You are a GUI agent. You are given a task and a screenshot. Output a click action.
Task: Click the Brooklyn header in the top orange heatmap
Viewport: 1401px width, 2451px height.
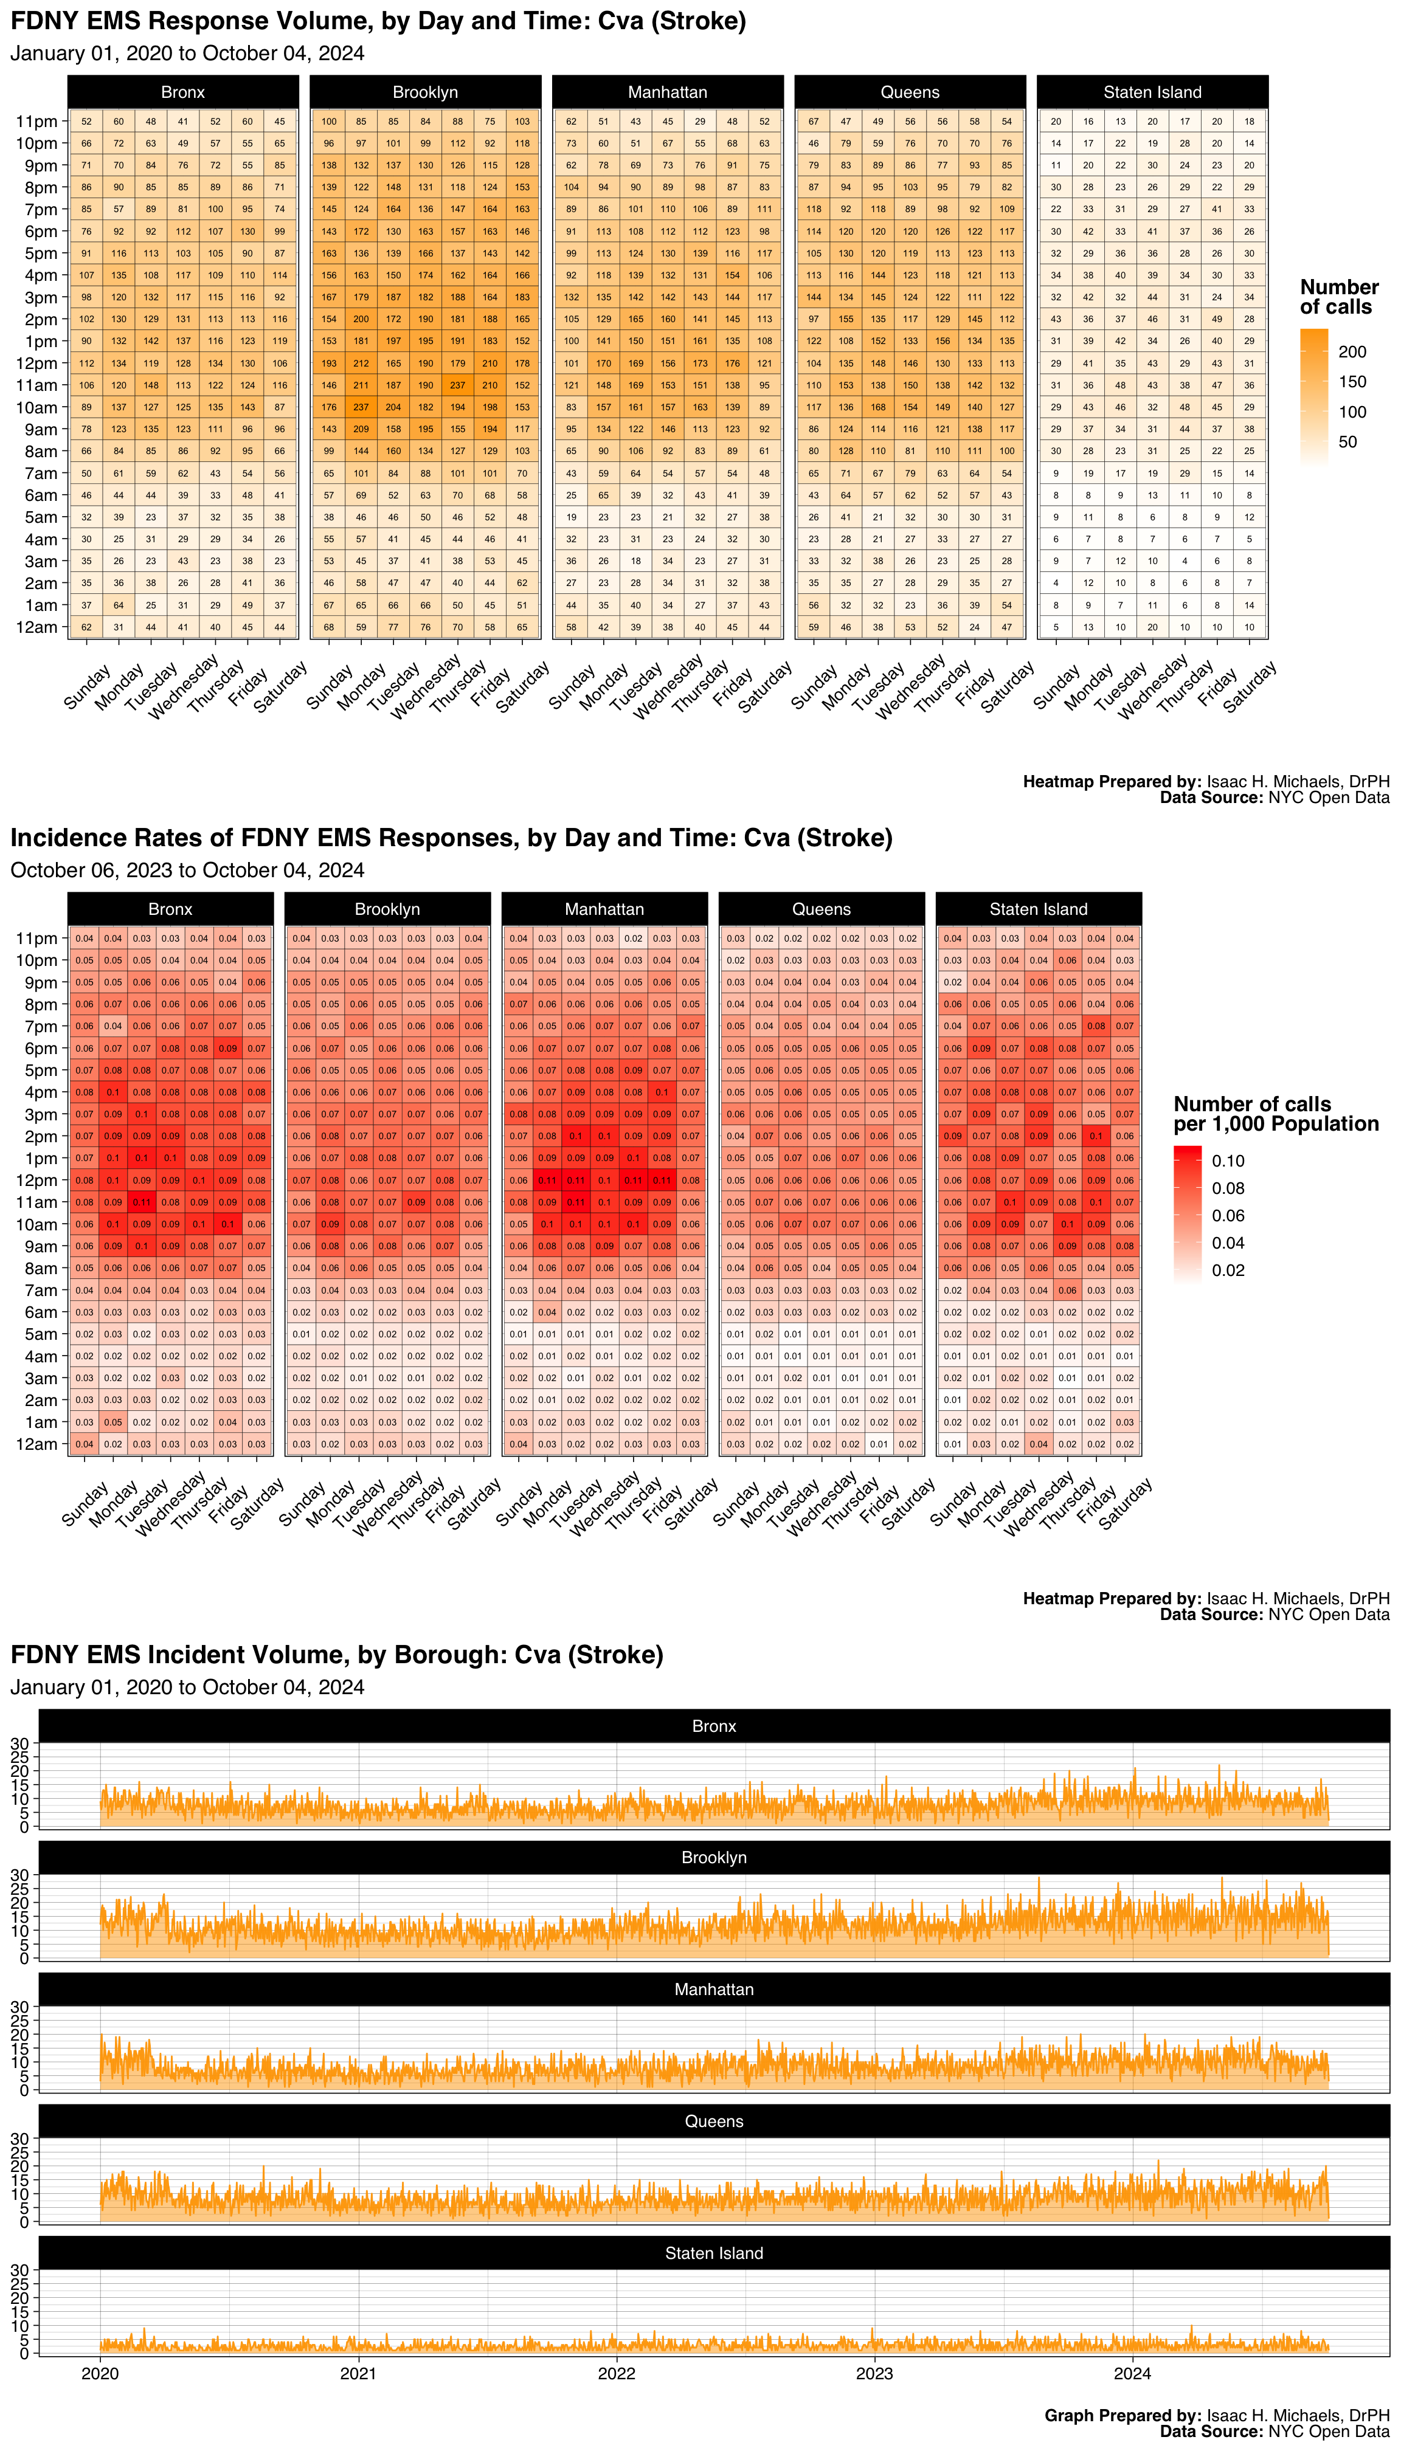424,92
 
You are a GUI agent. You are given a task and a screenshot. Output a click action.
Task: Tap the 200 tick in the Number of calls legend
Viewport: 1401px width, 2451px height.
1352,352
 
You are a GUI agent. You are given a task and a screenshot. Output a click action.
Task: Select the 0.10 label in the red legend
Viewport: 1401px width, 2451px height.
1228,1161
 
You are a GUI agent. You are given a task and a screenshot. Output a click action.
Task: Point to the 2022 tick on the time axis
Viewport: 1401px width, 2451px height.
616,2373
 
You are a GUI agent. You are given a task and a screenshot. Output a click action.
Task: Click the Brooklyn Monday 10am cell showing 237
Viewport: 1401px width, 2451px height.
361,407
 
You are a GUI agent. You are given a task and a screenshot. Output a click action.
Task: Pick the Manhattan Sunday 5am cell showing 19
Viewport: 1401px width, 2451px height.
572,517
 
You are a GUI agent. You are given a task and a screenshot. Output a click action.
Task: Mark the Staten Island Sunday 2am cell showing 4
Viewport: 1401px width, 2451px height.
1056,583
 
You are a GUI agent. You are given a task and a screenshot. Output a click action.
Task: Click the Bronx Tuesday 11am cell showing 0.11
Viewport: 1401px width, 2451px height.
142,1202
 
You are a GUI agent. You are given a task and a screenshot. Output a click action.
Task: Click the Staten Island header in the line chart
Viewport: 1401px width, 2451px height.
714,2253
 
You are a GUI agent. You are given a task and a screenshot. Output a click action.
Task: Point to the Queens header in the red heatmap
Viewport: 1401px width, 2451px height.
821,909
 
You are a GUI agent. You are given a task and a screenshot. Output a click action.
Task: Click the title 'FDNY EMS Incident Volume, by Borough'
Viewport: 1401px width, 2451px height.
337,1655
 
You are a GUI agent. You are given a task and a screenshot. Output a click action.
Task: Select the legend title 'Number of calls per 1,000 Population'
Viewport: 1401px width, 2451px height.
1275,1114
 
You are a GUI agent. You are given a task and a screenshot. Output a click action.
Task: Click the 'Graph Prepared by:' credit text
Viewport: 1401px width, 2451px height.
1122,2415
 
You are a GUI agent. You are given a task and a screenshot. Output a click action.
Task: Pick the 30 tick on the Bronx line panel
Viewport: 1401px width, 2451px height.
19,1743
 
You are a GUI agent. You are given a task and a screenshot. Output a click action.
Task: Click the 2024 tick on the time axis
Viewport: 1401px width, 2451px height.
1132,2373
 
